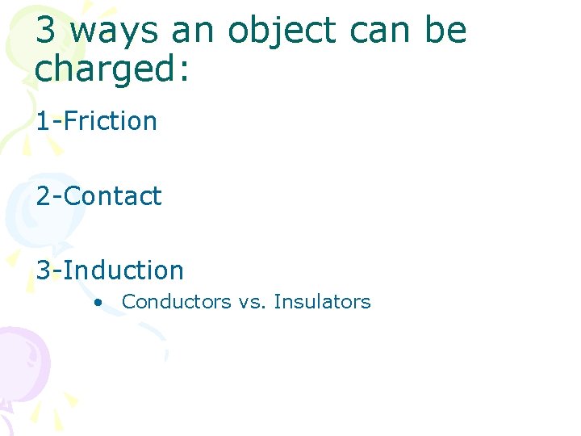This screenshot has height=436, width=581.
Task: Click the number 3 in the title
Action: (46, 31)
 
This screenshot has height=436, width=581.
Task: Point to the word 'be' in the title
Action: (445, 31)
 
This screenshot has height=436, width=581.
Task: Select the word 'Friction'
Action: (110, 121)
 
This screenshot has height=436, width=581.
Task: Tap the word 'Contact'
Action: (112, 196)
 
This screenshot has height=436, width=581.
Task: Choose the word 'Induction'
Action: (123, 270)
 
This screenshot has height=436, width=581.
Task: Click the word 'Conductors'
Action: (176, 302)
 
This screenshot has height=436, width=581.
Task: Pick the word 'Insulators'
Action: (322, 302)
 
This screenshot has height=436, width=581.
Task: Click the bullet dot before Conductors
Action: (97, 303)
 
